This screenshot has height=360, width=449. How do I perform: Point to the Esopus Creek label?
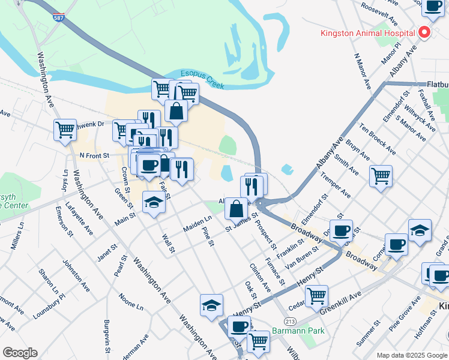(203, 80)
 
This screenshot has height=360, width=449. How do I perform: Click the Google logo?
(20, 353)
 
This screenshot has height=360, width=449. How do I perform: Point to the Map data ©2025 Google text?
(412, 355)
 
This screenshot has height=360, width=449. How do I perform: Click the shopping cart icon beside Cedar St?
(316, 295)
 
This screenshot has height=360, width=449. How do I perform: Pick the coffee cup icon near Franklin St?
(342, 230)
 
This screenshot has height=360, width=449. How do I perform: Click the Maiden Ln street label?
(197, 225)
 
